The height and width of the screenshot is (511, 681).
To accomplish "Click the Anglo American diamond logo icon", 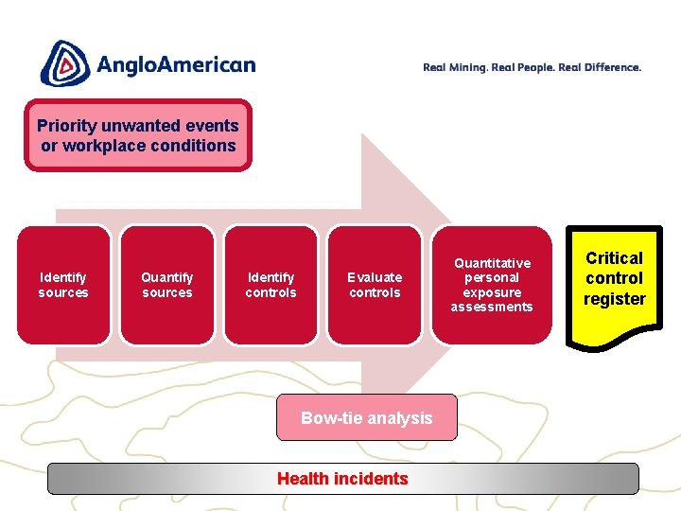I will click(x=63, y=63).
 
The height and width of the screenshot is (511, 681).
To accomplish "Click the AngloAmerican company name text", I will click(x=175, y=65).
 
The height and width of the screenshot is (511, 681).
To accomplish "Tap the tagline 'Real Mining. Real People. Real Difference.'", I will click(x=532, y=67).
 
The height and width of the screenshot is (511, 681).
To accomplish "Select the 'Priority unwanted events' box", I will click(x=138, y=135).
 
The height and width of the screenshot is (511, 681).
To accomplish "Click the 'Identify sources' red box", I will click(x=63, y=284).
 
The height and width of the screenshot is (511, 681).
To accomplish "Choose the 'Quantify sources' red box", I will click(x=167, y=284).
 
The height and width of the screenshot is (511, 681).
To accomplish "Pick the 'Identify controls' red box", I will click(x=271, y=284).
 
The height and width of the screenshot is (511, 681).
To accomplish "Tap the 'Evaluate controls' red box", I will click(x=375, y=284).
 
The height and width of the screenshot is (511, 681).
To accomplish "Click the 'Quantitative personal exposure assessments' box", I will click(x=491, y=284).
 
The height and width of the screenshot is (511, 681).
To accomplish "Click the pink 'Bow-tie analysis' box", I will click(x=366, y=418).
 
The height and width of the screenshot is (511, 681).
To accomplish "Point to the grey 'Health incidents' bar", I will click(x=342, y=479).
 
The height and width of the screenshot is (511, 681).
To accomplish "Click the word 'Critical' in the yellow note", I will click(x=614, y=258).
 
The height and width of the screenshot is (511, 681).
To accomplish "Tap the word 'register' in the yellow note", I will click(x=614, y=299).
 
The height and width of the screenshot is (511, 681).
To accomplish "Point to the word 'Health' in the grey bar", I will click(x=302, y=479).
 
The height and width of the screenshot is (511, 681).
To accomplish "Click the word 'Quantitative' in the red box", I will click(x=492, y=263).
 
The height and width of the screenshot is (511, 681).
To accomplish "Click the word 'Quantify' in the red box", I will click(x=167, y=277).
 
